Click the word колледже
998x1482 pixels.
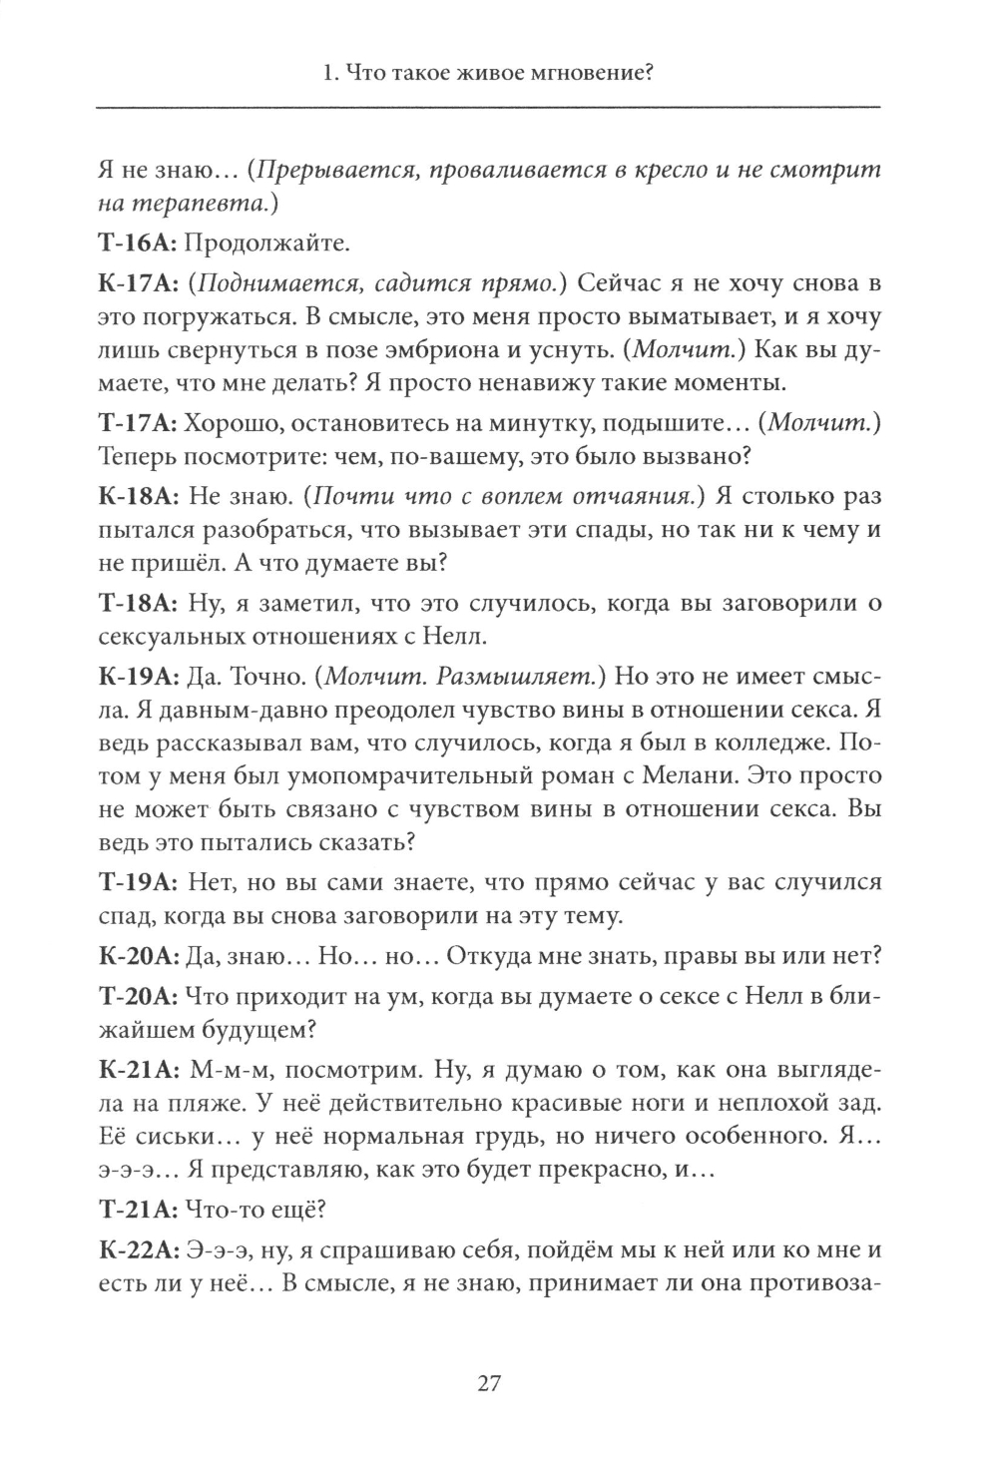(770, 742)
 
